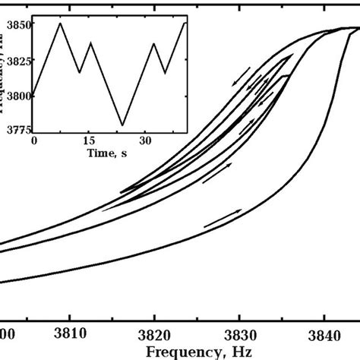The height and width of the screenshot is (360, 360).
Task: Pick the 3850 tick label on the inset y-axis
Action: point(17,24)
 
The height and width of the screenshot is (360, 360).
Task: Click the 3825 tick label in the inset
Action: point(17,60)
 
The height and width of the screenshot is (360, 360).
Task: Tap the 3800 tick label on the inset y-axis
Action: point(17,95)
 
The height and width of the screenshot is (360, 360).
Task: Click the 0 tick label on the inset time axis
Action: point(33,141)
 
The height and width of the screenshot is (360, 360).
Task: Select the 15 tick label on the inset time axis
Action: point(90,141)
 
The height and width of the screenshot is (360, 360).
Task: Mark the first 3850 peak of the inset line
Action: point(61,24)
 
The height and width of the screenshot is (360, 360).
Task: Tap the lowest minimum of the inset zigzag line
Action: point(123,125)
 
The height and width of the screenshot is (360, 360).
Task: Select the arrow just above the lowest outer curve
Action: point(223,218)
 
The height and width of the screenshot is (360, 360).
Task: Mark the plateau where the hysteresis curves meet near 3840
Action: point(346,28)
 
